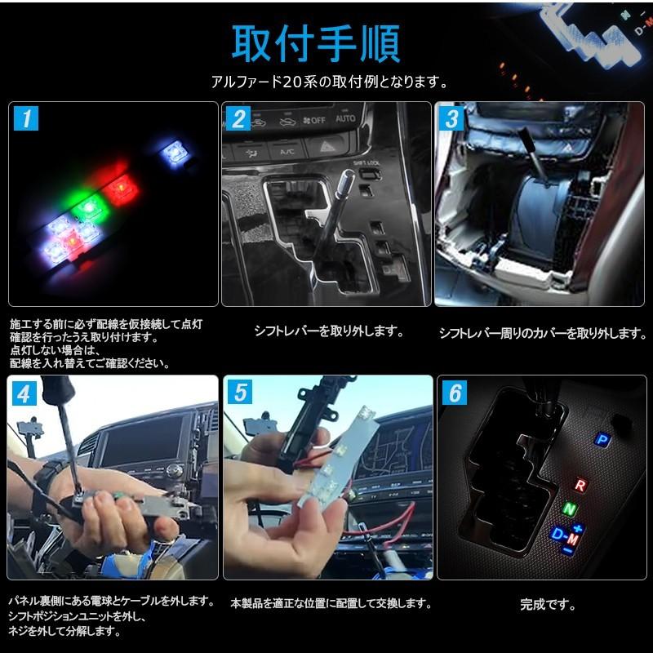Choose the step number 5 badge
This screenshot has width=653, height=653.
click(238, 393)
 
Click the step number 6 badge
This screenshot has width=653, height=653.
click(451, 393)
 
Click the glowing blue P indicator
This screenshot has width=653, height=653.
click(602, 439)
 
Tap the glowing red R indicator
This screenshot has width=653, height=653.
click(580, 486)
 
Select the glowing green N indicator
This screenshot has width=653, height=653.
click(569, 509)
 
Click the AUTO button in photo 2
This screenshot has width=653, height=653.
click(345, 119)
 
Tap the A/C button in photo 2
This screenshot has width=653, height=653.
click(287, 151)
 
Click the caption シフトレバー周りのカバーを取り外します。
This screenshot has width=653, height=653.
click(542, 332)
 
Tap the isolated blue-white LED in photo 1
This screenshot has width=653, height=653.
click(172, 150)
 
